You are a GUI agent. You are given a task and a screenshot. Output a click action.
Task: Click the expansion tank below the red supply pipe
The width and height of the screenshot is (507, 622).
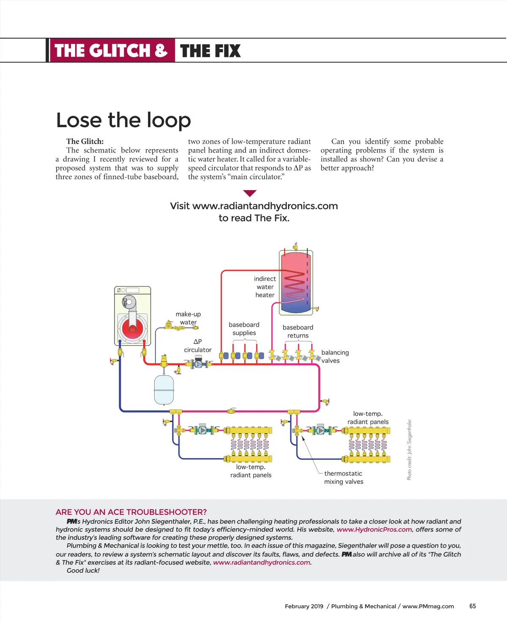tap(164, 389)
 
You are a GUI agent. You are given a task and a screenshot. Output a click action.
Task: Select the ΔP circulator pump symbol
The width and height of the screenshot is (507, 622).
tap(198, 363)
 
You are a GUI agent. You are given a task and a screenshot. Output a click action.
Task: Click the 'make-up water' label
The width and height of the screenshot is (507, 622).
tap(188, 318)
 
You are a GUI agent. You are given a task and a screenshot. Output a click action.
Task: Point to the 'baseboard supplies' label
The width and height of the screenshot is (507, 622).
tap(244, 329)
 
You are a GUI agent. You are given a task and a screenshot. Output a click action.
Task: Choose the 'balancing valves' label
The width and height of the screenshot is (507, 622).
tap(335, 356)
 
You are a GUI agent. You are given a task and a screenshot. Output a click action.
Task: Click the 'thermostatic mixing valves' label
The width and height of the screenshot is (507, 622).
tap(343, 477)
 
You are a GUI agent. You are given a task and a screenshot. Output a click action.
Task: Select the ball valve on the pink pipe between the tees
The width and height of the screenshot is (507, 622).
tap(232, 411)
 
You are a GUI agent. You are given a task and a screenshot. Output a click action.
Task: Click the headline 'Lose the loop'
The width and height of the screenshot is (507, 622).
tap(123, 120)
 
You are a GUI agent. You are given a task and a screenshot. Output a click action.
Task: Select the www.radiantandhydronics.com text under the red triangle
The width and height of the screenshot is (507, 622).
tap(265, 206)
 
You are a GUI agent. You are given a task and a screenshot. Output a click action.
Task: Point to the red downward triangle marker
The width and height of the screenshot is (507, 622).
tap(250, 194)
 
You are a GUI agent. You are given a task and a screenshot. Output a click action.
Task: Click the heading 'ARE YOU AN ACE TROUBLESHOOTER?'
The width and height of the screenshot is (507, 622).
tap(131, 512)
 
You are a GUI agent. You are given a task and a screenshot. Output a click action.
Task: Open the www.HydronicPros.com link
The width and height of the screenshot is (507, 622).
tap(374, 529)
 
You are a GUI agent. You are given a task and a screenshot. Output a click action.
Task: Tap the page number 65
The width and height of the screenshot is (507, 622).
tap(472, 606)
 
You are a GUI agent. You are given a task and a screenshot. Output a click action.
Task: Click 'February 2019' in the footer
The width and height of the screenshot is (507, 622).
tap(304, 606)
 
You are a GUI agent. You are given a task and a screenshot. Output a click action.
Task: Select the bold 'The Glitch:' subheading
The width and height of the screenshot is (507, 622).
tap(84, 142)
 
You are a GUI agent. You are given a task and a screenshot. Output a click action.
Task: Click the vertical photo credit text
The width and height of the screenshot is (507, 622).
tap(409, 450)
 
